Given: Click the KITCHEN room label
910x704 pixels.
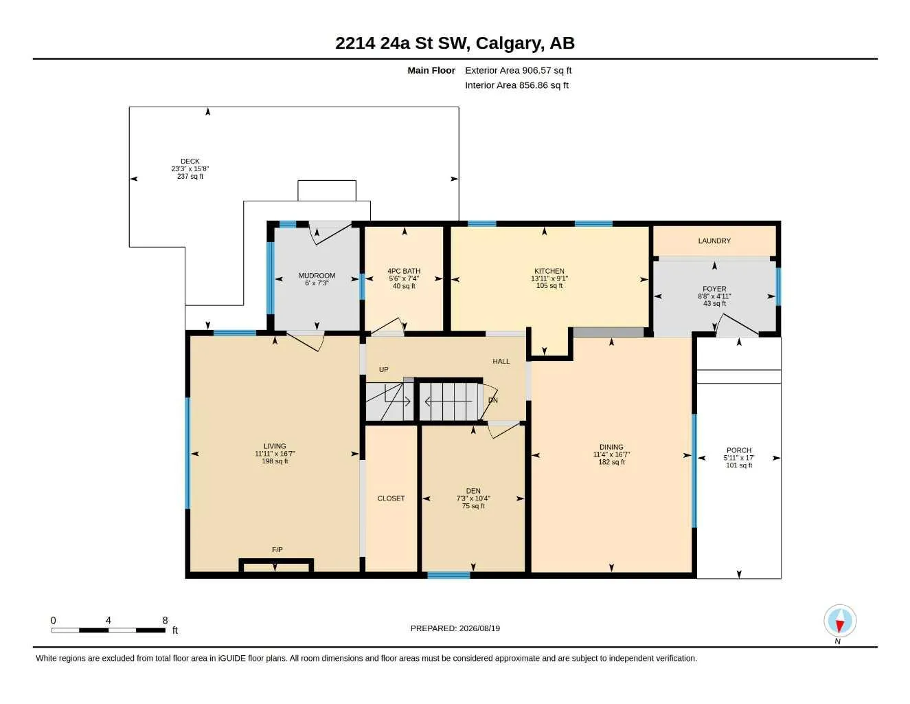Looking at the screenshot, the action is [x=549, y=271].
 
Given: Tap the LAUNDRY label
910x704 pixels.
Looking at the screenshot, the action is [x=714, y=241].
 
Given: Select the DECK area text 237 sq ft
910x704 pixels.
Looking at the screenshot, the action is [x=190, y=177].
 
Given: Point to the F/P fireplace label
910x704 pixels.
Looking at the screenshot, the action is [x=277, y=549].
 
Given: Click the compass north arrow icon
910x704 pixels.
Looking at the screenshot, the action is [x=840, y=621].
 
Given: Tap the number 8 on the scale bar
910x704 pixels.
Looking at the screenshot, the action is [x=165, y=620].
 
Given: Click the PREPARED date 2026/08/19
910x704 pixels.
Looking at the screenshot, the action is [x=479, y=628].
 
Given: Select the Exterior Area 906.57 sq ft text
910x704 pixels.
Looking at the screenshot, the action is [x=518, y=70].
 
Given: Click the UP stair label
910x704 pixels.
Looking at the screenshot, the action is [x=384, y=370].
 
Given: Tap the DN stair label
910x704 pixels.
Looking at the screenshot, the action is [x=493, y=400].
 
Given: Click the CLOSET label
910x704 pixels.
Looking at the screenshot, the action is [x=391, y=498].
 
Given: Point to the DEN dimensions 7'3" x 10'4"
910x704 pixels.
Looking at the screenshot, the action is [x=473, y=498].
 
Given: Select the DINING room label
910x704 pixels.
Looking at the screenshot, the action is [x=611, y=447].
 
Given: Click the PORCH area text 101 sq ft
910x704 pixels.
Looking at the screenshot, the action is [x=739, y=465].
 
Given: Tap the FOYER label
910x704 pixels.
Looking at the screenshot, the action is [x=714, y=289].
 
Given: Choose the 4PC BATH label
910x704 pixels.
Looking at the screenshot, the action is [x=404, y=271].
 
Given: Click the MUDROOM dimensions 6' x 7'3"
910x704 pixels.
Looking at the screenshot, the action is [x=317, y=283].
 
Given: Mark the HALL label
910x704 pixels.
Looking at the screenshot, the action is [x=501, y=361].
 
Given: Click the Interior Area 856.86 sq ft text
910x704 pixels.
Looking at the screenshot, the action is [x=516, y=85].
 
